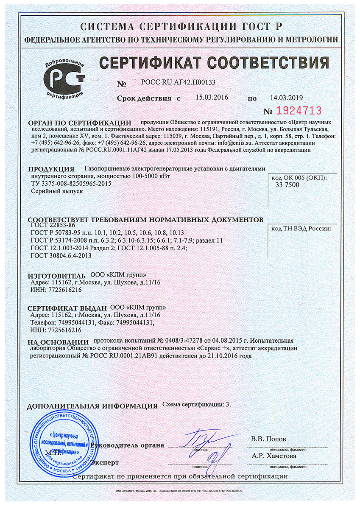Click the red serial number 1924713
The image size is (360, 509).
pos(299,111)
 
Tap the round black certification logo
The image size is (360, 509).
pos(65,78)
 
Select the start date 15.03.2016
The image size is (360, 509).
pos(212,97)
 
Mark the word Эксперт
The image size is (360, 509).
pos(105,462)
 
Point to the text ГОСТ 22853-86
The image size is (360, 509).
pos(53,226)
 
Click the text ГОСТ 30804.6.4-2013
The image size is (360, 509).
pos(61,255)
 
